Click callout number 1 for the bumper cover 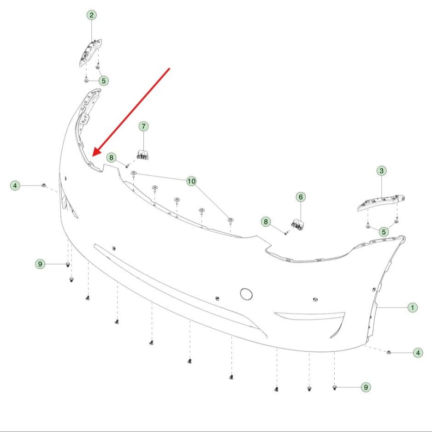pos(413,308)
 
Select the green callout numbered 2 pos(91,15)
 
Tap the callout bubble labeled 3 pos(382,171)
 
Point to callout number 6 pos(301,197)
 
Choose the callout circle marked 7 pos(143,126)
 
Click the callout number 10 pos(191,181)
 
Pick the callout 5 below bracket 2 pos(104,81)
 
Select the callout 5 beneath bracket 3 pos(384,232)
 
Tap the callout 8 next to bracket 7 pos(111,157)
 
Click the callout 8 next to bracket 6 pos(266,221)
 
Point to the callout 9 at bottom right pos(366,387)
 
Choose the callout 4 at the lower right pos(418,353)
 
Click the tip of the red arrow pos(93,156)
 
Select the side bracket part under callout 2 pos(90,53)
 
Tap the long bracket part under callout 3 pos(381,202)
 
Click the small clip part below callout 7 pos(143,154)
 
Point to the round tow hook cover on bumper pos(246,294)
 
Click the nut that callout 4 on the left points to pos(43,185)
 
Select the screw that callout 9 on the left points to pos(67,265)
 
